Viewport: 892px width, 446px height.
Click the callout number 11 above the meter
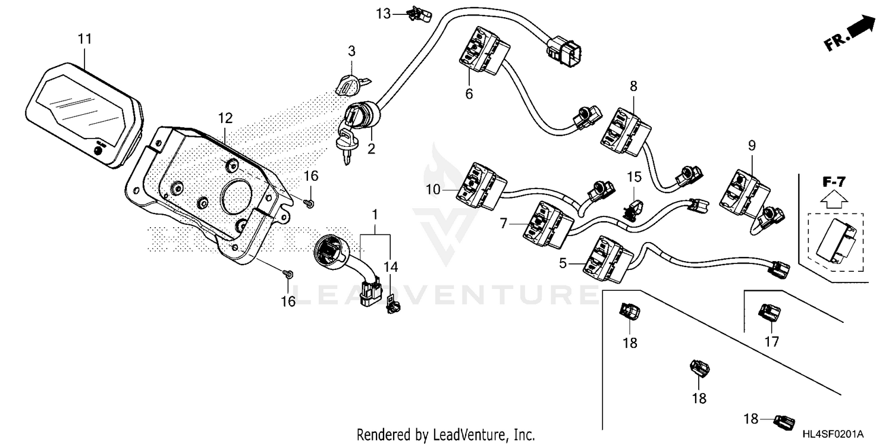pos(85,39)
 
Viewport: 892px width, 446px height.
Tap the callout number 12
pos(225,118)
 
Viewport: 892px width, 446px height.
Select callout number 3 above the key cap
pos(351,51)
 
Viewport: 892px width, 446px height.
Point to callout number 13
pos(384,14)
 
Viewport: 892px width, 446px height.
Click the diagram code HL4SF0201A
pos(833,434)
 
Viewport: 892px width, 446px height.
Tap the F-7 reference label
pos(834,182)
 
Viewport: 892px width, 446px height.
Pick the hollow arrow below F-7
pos(835,199)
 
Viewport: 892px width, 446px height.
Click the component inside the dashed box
pos(836,241)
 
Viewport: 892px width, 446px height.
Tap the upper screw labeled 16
pos(309,204)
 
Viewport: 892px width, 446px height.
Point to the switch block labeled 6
pos(484,51)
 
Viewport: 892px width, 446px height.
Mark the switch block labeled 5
pos(608,260)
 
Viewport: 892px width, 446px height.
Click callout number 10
pos(434,190)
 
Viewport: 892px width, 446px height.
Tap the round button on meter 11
pos(98,150)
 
